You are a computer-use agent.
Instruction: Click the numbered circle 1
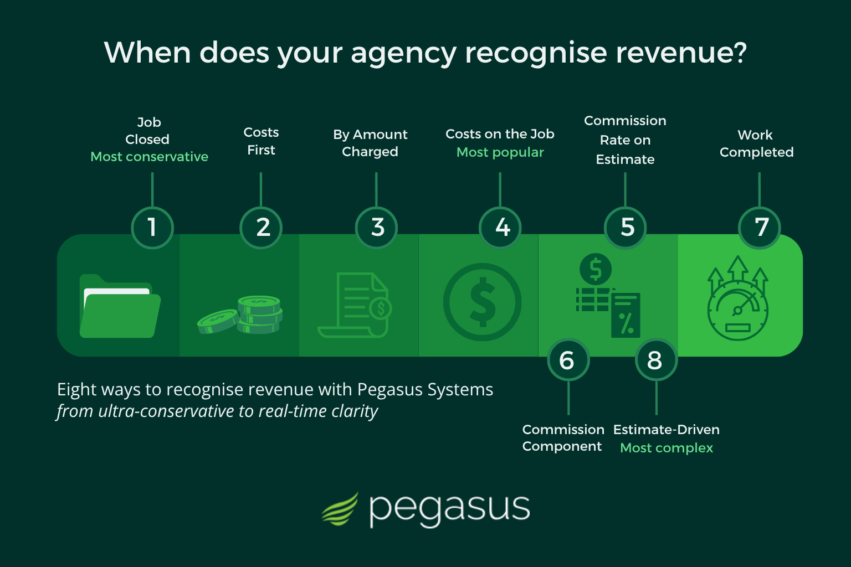click(x=152, y=228)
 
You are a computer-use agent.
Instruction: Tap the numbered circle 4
click(x=500, y=228)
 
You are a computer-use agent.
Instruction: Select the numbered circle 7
click(x=760, y=228)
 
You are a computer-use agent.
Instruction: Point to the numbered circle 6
click(x=568, y=360)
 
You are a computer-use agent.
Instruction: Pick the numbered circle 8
click(x=656, y=360)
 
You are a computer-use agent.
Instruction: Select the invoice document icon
click(x=355, y=305)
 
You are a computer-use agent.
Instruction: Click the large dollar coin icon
click(x=482, y=302)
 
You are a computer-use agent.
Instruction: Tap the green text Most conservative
click(x=150, y=157)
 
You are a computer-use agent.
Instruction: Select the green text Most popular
click(x=500, y=152)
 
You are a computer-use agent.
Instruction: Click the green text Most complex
click(x=667, y=448)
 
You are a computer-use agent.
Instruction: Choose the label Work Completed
click(x=757, y=143)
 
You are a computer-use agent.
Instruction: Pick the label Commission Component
click(x=563, y=438)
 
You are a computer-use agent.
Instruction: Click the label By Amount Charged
click(x=370, y=143)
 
